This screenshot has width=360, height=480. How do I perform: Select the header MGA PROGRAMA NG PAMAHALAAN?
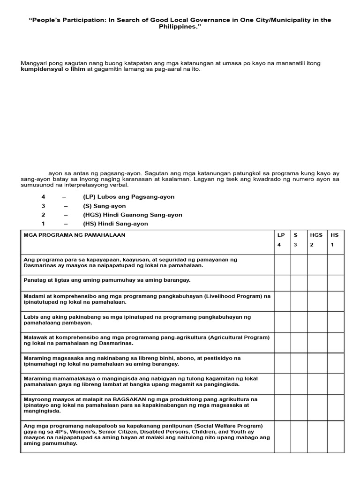[x=75, y=235]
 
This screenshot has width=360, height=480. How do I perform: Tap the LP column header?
[x=280, y=235]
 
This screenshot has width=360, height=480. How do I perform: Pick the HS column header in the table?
[x=334, y=235]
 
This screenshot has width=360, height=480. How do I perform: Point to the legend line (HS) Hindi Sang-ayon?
[x=115, y=224]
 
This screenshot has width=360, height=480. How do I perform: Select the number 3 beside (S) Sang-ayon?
[x=43, y=206]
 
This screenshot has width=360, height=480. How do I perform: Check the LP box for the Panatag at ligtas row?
[x=283, y=283]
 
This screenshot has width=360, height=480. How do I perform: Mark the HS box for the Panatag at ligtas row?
[x=336, y=283]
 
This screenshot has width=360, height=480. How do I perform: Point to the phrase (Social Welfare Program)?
[x=221, y=426]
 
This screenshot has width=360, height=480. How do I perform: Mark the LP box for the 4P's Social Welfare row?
[x=283, y=436]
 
